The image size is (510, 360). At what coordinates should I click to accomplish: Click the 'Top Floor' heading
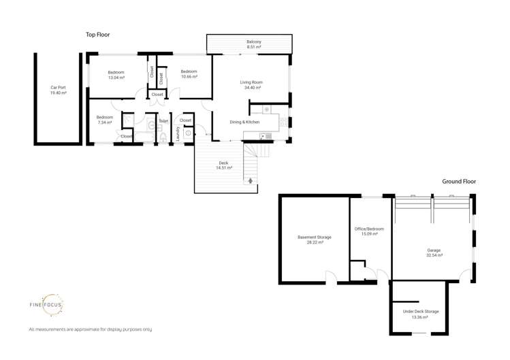97,34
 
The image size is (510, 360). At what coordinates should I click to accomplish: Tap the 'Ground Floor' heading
459,182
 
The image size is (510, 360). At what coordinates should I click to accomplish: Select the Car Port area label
59,90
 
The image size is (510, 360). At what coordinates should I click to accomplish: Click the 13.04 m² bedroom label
116,74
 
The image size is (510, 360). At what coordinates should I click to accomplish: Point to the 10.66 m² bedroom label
189,74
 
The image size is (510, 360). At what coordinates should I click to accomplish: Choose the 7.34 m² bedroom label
103,119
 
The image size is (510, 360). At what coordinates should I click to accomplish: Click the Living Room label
251,85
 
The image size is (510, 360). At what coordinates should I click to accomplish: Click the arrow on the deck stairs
251,180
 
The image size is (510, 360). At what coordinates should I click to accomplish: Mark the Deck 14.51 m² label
223,165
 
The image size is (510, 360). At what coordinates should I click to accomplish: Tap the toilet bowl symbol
163,136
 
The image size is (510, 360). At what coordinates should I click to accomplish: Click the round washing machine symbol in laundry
188,133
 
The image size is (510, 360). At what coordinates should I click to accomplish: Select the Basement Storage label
314,240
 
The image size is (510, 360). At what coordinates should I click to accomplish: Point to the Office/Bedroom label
370,231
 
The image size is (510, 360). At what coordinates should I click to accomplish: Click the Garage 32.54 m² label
434,252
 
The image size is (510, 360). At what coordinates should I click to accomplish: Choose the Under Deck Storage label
420,314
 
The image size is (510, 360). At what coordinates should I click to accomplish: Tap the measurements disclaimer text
90,329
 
